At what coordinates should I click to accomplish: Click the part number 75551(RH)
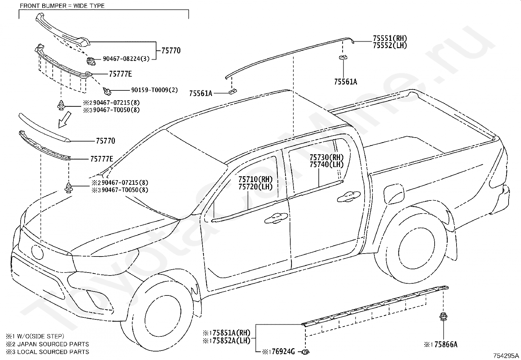(x=390, y=38)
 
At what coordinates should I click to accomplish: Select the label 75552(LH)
(x=390, y=46)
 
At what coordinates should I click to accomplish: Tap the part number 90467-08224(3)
(x=126, y=59)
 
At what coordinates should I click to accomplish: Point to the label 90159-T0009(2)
(x=154, y=90)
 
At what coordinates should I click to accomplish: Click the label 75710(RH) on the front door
(x=255, y=179)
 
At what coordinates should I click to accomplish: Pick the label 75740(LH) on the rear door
(x=327, y=165)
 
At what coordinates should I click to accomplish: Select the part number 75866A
(x=446, y=344)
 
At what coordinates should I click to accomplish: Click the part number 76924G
(x=283, y=351)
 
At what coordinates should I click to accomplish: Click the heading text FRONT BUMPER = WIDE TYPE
(x=62, y=6)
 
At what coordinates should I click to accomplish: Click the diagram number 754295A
(x=506, y=356)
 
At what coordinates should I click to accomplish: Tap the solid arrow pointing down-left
(x=64, y=120)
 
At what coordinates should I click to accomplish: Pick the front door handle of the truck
(x=276, y=218)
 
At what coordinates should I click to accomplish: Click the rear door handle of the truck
(x=349, y=197)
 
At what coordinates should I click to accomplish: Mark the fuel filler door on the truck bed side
(x=394, y=193)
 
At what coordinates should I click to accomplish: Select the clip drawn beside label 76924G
(x=305, y=352)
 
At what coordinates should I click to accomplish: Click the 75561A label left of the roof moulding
(x=201, y=93)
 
